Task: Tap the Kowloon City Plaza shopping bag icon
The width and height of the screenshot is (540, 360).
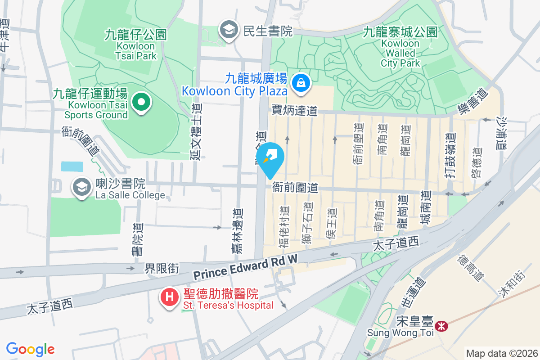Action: tap(299, 82)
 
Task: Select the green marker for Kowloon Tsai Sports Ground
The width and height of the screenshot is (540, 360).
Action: tap(141, 103)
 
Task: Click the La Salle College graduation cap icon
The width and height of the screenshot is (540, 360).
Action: tap(82, 188)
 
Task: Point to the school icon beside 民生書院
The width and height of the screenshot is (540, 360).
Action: tap(229, 31)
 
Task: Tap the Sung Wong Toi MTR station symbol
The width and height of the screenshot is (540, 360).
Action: tap(442, 326)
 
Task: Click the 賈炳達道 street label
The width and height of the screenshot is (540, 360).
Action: tap(295, 110)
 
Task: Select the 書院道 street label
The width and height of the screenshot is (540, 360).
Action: tap(137, 241)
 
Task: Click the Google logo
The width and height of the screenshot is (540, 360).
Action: tap(30, 349)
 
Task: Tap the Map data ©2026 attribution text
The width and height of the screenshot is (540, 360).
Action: tap(501, 353)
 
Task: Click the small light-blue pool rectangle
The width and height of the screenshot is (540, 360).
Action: tap(72, 166)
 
